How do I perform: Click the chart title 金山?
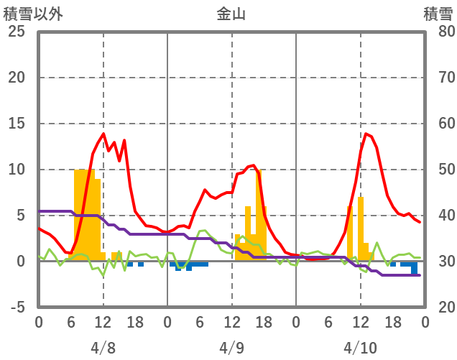tap(231, 14)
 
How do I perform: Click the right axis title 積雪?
tap(438, 14)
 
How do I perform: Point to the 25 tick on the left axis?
tap(17, 32)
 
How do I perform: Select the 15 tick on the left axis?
tap(17, 124)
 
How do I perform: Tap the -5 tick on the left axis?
tap(17, 307)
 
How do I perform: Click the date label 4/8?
tap(103, 349)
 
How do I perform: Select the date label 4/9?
tap(231, 349)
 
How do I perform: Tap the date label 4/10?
tap(360, 349)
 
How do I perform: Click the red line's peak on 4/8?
tap(103, 134)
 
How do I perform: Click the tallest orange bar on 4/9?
tap(259, 216)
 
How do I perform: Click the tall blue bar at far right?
tap(415, 269)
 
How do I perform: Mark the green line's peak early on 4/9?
tap(203, 231)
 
